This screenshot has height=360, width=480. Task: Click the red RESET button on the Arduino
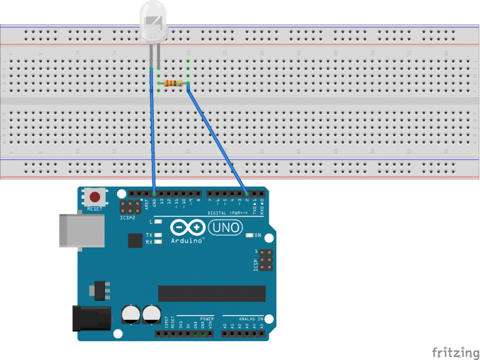pyautogui.click(x=95, y=197)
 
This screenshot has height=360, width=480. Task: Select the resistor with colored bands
pyautogui.click(x=173, y=83)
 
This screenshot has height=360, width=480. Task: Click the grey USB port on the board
pyautogui.click(x=71, y=230)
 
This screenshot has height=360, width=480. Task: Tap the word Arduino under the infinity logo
pyautogui.click(x=188, y=241)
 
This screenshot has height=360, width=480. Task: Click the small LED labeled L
pyautogui.click(x=158, y=222)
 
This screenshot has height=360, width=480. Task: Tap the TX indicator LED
pyautogui.click(x=158, y=235)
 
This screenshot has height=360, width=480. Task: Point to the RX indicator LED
pyautogui.click(x=158, y=242)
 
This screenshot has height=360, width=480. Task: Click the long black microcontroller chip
pyautogui.click(x=211, y=293)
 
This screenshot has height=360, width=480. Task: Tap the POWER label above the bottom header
pyautogui.click(x=206, y=319)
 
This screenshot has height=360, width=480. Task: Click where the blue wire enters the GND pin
pyautogui.click(x=154, y=194)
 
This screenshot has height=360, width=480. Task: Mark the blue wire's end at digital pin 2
pyautogui.click(x=247, y=194)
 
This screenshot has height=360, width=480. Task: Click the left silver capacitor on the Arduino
pyautogui.click(x=131, y=313)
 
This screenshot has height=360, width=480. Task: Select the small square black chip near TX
pyautogui.click(x=135, y=241)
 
